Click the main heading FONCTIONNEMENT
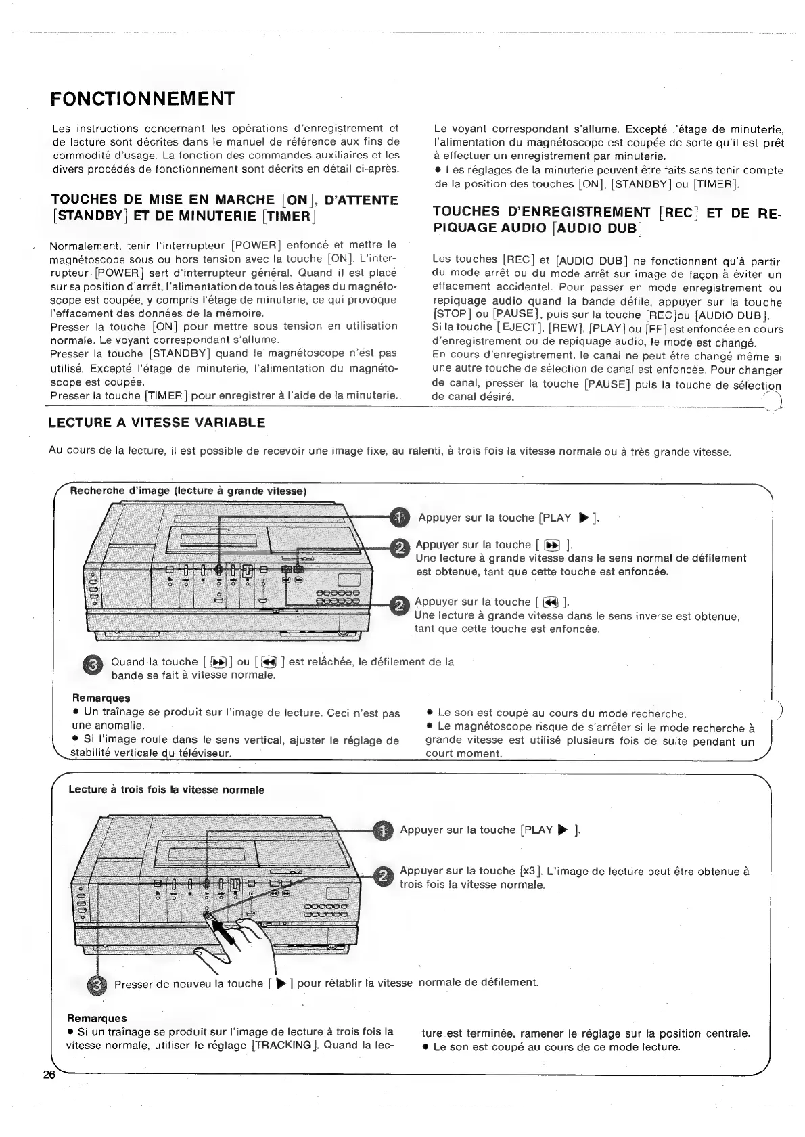pos(142,99)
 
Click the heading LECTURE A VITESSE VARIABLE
pos(156,423)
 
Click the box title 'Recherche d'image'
pos(189,491)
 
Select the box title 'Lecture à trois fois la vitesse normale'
pos(166,790)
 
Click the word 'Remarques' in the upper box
pos(101,698)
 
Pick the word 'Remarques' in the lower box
pos(96,1018)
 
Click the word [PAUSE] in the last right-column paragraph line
pos(607,384)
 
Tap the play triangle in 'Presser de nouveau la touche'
pos(281,983)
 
